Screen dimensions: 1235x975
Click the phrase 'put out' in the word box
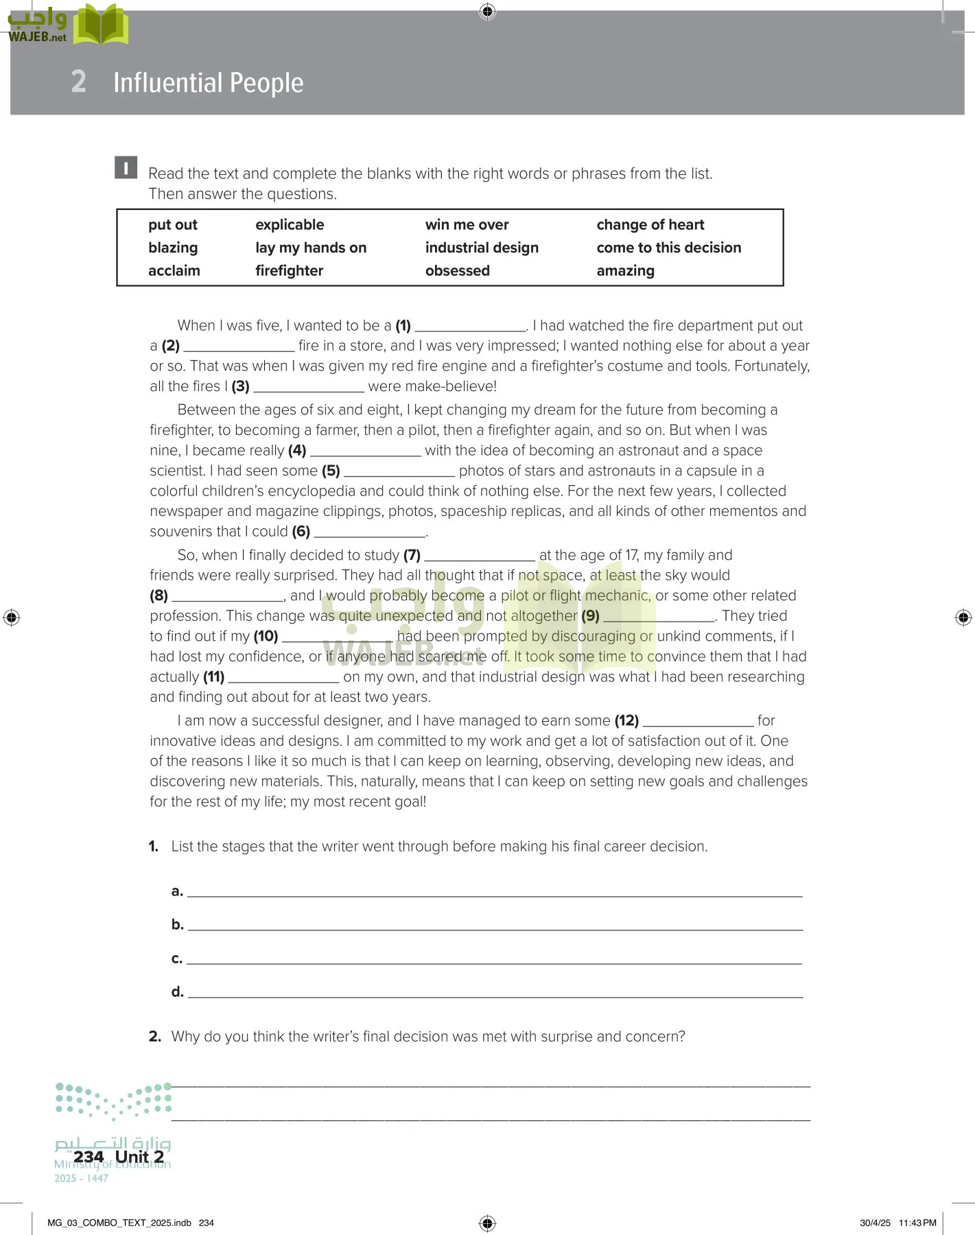[172, 225]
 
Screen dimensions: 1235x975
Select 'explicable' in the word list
[289, 225]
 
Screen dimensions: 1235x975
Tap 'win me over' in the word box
[467, 225]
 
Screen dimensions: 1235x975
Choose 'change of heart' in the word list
[650, 225]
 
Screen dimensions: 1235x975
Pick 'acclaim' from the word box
[174, 271]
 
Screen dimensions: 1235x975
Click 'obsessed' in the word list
[457, 271]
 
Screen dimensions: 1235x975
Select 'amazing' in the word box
[625, 271]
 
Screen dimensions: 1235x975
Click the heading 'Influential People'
[208, 83]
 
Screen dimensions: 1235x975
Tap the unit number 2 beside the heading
[79, 82]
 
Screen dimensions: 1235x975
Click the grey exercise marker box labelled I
[126, 168]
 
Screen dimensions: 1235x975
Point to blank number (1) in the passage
[470, 327]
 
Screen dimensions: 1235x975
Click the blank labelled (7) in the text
[480, 556]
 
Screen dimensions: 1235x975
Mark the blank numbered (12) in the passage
[698, 722]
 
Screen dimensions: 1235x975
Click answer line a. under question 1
[494, 891]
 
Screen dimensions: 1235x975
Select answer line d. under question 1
[494, 992]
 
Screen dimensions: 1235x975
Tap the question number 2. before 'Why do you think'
[155, 1037]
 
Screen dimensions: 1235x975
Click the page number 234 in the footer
[89, 1157]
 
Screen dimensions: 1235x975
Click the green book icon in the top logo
[101, 25]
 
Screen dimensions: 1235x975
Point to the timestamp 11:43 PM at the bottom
[917, 1223]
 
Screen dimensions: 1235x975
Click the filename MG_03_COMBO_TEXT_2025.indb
[119, 1223]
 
